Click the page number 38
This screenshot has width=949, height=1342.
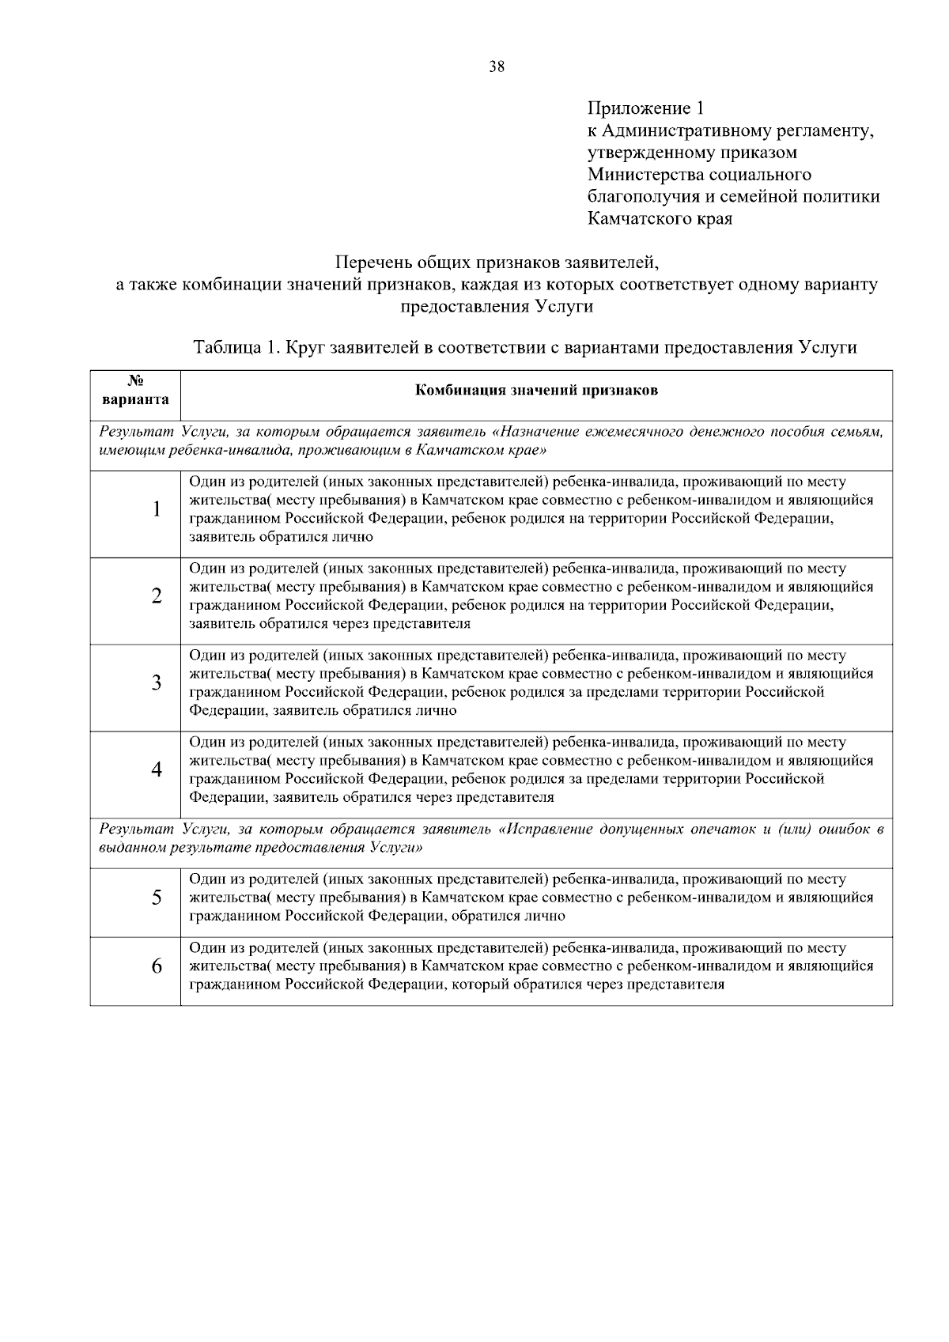coord(497,66)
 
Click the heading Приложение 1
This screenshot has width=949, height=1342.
coord(645,108)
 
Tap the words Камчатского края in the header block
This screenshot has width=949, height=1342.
coord(660,218)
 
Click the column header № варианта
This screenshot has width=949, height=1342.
coord(135,389)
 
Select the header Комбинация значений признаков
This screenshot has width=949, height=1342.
coord(536,391)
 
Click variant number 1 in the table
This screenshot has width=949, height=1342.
coord(157,509)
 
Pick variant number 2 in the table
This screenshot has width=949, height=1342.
coord(157,595)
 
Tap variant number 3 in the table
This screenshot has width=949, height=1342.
coord(157,682)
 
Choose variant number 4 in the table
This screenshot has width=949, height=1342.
coord(157,769)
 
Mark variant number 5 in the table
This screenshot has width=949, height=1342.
coord(157,898)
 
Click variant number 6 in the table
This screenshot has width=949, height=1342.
coord(157,966)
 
